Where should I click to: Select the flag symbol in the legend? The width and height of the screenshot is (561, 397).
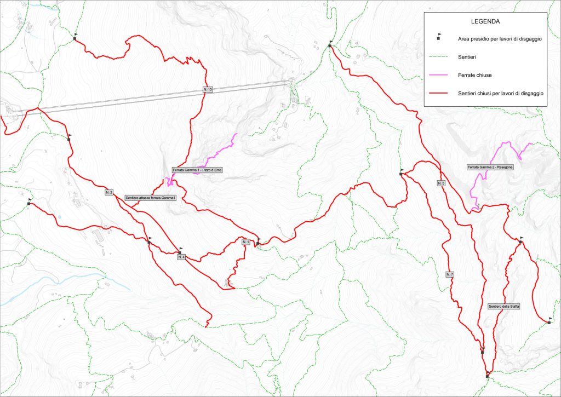coord(439,37)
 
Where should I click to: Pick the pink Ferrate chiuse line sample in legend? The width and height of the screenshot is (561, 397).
coord(439,75)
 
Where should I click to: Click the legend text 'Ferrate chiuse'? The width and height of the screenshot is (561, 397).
coord(474,75)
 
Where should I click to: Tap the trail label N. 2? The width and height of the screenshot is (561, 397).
coord(108,192)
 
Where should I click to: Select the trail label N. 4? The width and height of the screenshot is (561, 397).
coord(181,257)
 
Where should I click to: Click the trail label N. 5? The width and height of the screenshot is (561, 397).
coord(442,182)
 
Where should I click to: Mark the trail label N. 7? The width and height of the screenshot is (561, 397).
coord(449,274)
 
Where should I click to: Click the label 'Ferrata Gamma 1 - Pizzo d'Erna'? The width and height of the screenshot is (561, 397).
coord(197,170)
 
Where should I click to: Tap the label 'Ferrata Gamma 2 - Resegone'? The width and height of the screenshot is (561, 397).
coord(490,166)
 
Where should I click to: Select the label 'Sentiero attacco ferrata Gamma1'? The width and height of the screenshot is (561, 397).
coord(150,197)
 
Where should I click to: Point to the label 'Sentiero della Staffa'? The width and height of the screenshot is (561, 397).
coord(503,306)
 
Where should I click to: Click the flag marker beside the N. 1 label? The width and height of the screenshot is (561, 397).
coord(257,241)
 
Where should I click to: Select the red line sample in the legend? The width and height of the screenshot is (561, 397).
coord(439,94)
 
